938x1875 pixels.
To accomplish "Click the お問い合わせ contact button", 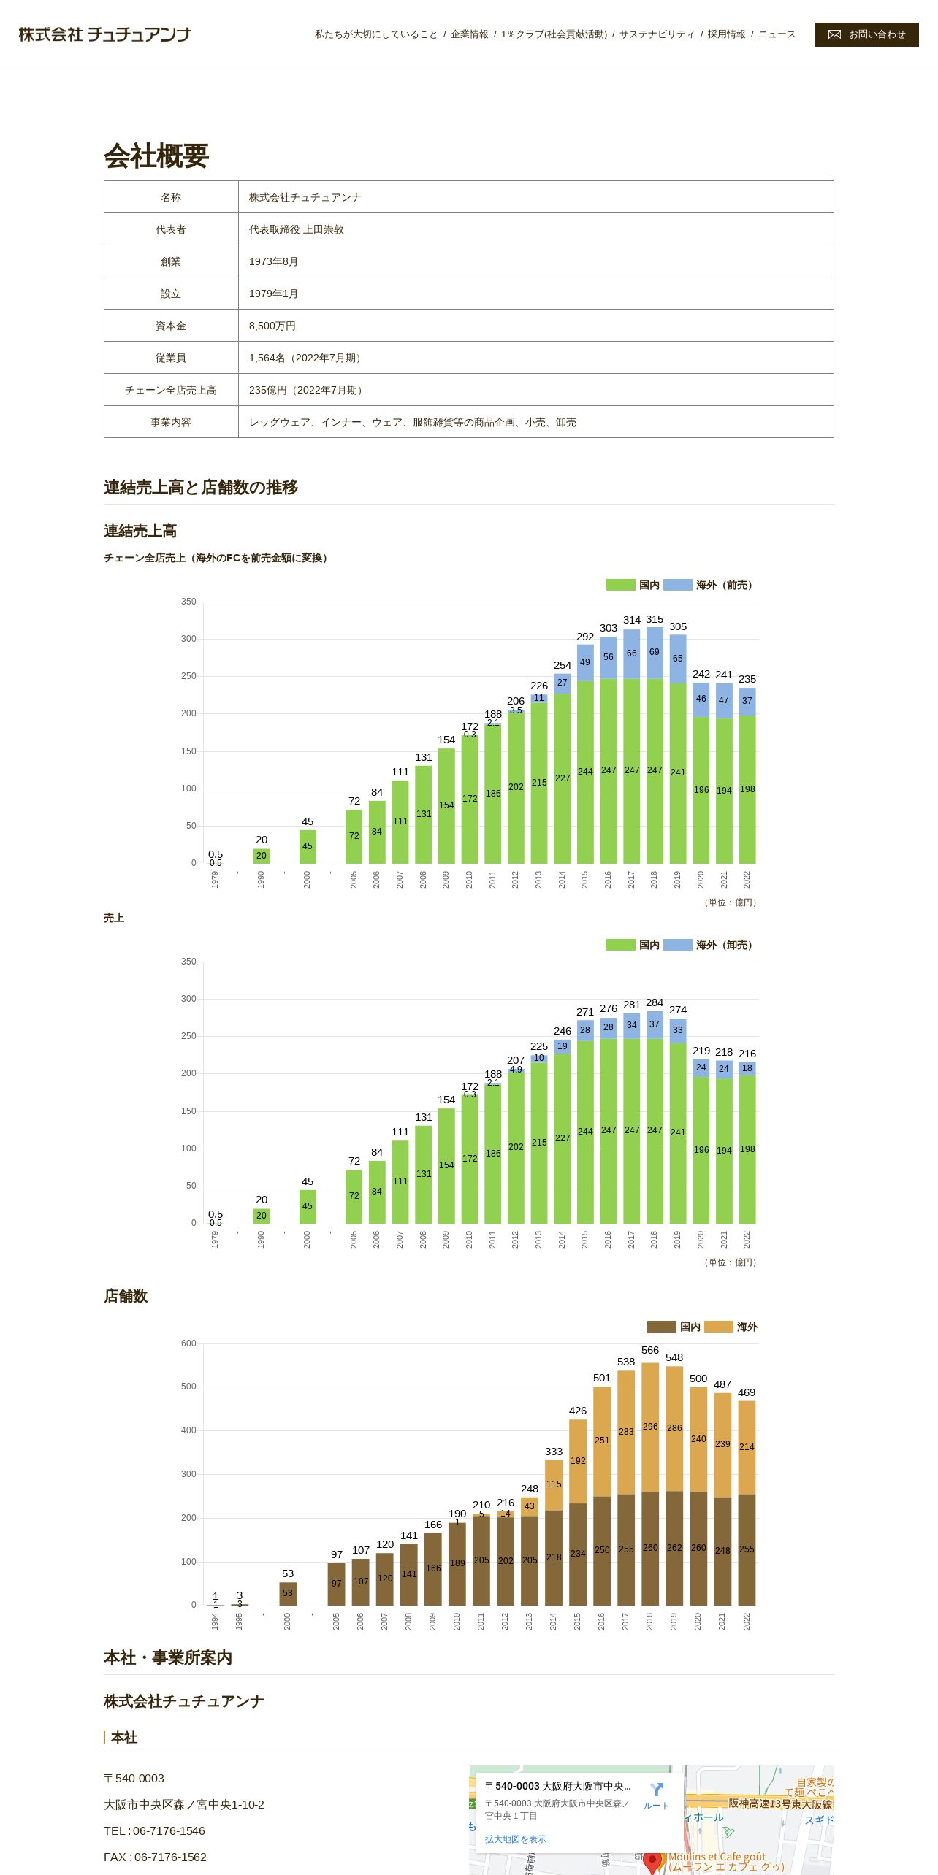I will (x=866, y=34).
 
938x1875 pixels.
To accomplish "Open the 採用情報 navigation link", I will (x=726, y=34).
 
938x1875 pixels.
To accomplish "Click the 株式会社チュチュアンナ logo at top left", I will (x=104, y=34).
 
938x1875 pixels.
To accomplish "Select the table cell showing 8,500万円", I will (x=272, y=326).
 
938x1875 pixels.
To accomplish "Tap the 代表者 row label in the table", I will (x=170, y=229).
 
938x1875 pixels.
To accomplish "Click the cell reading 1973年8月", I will (x=273, y=261).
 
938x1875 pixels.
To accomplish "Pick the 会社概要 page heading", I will (x=156, y=156).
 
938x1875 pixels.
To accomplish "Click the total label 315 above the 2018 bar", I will (x=655, y=619).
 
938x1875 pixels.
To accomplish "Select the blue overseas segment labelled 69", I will (x=655, y=652).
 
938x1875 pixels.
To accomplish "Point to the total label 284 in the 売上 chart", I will (x=655, y=1002).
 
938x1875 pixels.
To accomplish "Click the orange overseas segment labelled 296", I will (x=650, y=1426).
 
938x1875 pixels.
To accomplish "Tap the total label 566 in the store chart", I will (x=650, y=1350).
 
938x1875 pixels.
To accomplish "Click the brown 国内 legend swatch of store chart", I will (x=661, y=1327).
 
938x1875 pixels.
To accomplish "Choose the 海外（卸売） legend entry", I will (x=708, y=945).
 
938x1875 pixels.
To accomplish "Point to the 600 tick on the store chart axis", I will (x=188, y=1343).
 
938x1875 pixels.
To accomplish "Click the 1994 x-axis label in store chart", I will (x=216, y=1621).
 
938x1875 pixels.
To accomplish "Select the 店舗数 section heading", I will (x=126, y=1296).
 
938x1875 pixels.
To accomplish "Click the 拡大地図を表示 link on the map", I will (x=515, y=1839).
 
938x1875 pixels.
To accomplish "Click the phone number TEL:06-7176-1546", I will (x=154, y=1830).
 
